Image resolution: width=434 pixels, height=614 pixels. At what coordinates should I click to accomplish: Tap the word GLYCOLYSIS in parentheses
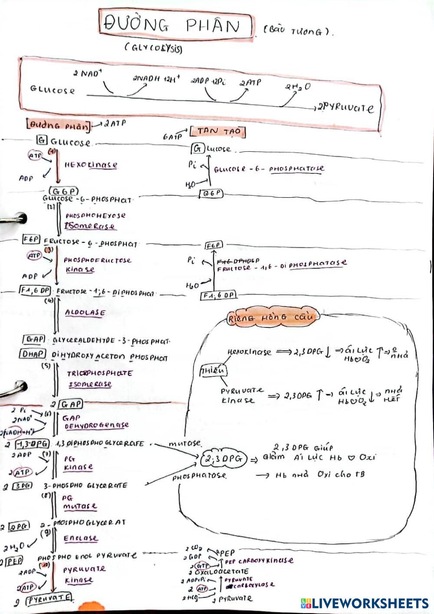153,48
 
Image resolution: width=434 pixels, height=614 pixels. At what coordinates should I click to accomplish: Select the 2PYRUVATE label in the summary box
345,108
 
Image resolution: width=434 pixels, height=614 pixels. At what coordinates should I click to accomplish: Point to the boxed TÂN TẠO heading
217,131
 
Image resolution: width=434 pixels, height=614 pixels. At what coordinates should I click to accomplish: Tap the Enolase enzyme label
81,538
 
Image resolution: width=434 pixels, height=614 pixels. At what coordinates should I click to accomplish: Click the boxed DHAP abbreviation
32,354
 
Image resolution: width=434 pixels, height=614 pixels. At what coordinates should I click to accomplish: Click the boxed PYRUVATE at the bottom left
49,599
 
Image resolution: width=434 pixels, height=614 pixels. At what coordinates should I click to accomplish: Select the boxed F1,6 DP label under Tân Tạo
218,295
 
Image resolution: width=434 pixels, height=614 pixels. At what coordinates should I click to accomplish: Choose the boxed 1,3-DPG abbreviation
32,444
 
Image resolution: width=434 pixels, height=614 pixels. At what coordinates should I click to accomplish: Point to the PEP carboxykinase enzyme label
259,561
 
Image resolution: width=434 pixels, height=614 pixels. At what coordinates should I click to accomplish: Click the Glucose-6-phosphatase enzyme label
269,169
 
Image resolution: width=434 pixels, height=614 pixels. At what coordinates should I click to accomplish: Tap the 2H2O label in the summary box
298,87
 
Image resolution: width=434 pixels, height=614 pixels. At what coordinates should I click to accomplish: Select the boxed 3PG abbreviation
23,486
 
